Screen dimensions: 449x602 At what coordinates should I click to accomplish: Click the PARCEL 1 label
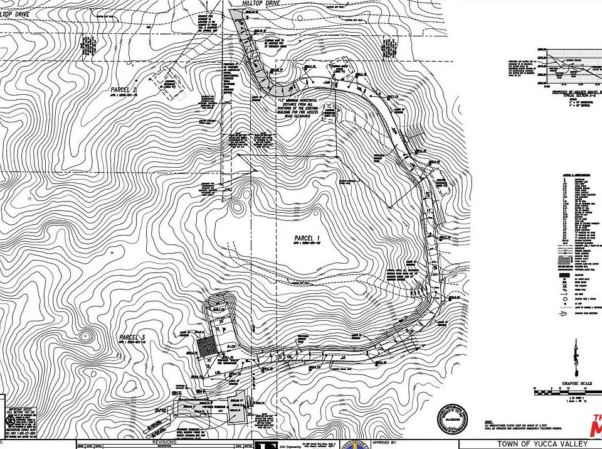308,238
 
